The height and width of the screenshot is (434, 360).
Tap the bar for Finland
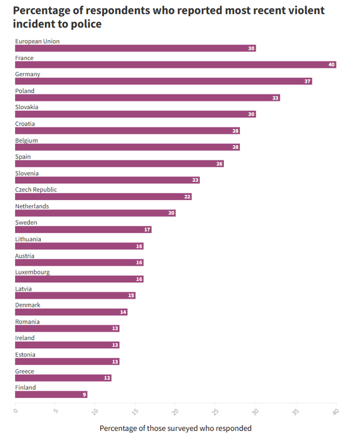51,394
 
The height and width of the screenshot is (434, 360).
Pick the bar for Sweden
83,229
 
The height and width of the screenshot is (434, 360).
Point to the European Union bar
135,48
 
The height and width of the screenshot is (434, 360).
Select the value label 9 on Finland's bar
84,394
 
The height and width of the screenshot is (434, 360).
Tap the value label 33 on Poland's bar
275,98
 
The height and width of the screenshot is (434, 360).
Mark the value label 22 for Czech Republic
187,197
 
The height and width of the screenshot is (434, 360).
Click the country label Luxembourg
32,272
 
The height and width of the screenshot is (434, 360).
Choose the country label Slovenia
27,173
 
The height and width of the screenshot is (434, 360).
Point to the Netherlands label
32,206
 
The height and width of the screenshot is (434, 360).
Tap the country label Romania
28,321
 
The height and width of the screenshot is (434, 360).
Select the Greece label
25,371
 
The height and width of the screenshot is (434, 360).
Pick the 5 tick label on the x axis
55,411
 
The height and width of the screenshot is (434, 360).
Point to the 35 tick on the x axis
296,412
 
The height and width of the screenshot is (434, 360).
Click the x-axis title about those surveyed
175,428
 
